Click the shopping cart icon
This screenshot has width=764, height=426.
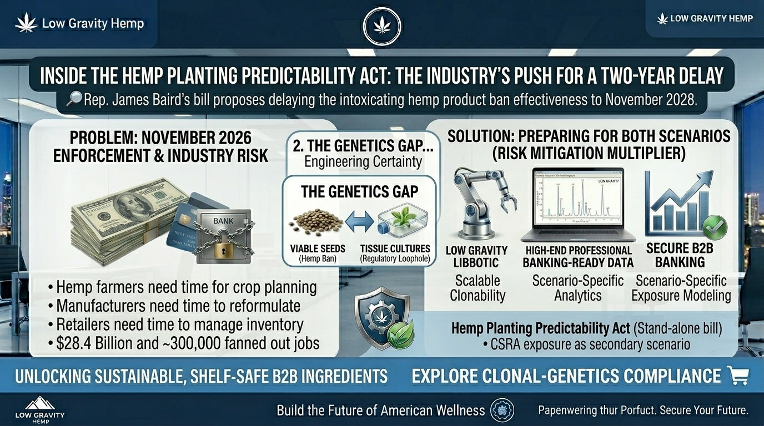coord(737,376)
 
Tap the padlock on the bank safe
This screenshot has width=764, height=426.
coord(224,248)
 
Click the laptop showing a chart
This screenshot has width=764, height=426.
coord(577,205)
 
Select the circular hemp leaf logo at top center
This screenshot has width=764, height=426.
coord(382,26)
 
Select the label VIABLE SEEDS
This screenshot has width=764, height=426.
coord(317,249)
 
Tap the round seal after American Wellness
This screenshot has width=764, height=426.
coord(502,411)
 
